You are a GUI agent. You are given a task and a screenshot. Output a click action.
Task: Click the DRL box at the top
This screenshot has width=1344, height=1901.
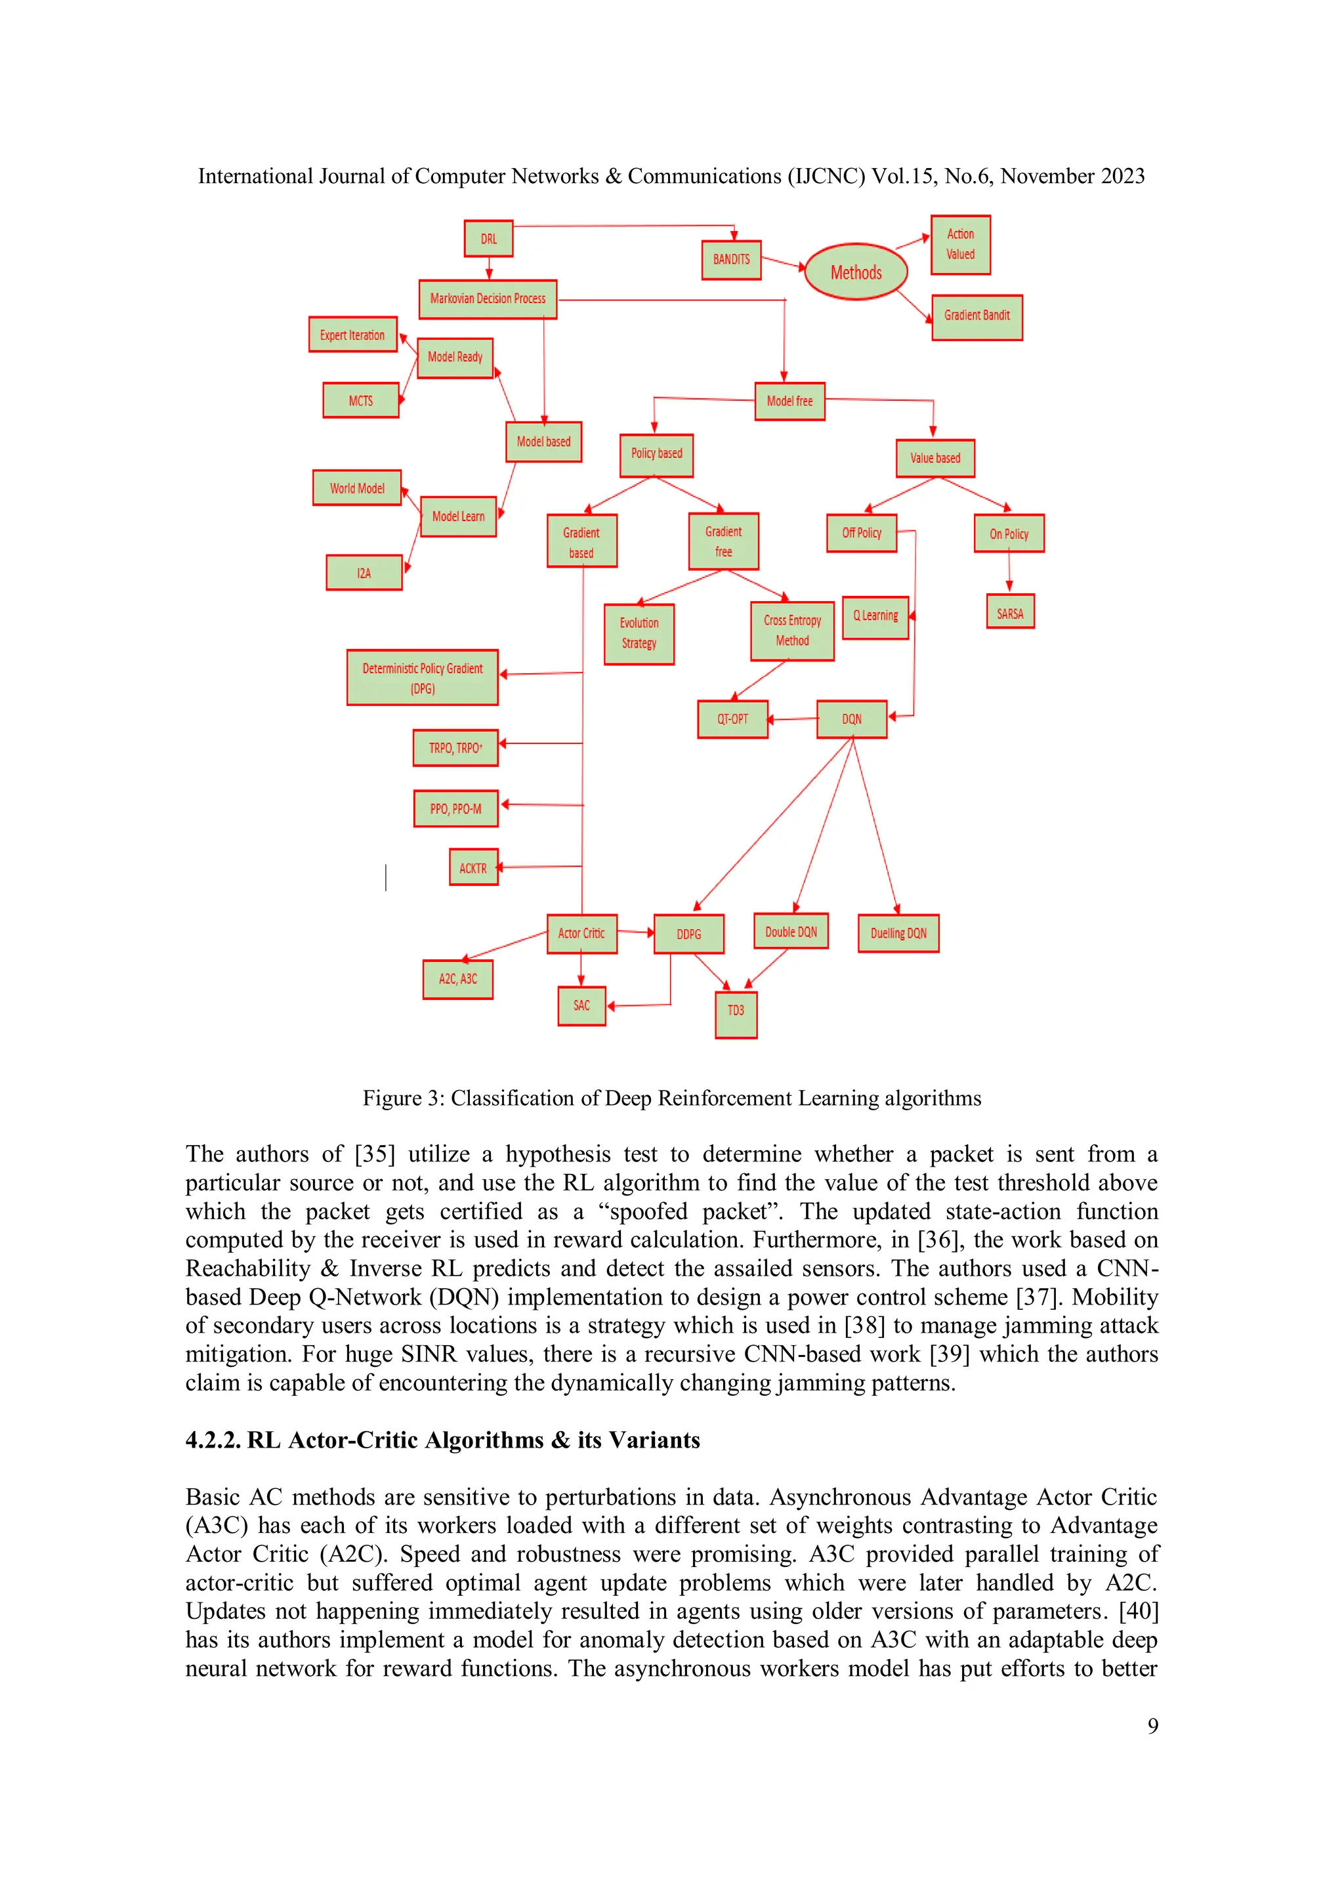(x=488, y=238)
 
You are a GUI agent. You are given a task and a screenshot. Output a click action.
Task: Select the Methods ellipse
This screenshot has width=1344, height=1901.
(x=856, y=272)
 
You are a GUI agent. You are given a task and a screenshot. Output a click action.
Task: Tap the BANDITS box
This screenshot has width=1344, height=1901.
(x=731, y=260)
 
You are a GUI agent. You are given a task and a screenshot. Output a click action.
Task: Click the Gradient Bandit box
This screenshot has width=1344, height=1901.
(x=976, y=316)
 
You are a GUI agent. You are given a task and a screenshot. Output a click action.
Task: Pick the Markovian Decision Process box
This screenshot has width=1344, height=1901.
(x=488, y=299)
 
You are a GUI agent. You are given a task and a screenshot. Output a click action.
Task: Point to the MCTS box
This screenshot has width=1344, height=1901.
(x=361, y=401)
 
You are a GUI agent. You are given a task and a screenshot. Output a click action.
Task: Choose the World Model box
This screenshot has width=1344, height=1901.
(x=357, y=488)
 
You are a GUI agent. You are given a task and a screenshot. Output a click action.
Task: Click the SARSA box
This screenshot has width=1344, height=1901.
(x=1009, y=614)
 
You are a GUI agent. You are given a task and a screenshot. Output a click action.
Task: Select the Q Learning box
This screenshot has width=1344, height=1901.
(x=875, y=617)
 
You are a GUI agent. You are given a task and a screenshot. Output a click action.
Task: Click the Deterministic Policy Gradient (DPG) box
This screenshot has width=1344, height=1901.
(x=423, y=677)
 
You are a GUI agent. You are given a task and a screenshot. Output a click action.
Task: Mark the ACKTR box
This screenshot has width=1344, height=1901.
(x=473, y=867)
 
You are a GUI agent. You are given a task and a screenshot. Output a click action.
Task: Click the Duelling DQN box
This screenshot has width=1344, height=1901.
(x=898, y=933)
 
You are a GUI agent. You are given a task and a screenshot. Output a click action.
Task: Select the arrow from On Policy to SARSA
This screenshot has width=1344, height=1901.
(x=1009, y=572)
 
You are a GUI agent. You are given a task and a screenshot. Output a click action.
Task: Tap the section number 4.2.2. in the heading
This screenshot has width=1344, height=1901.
(x=213, y=1440)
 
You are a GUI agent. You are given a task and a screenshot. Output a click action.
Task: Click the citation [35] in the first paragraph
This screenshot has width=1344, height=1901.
(x=374, y=1154)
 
